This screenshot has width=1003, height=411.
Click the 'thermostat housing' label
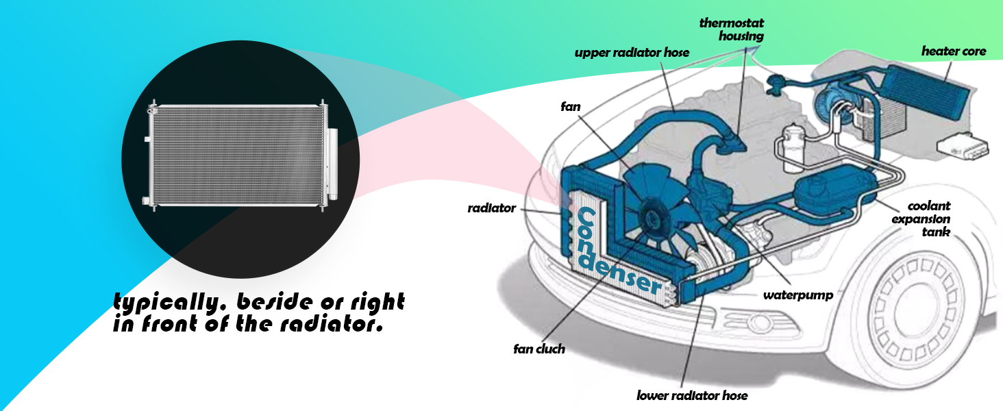pos(731,29)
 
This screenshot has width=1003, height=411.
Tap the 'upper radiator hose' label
pos(632,53)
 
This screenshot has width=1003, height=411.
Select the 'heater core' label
pos(953,51)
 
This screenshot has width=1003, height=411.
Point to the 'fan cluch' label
pos(539,349)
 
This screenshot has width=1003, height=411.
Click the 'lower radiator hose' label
pos(691,395)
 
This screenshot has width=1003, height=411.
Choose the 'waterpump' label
pos(798,296)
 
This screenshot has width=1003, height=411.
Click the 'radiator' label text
pos(491,208)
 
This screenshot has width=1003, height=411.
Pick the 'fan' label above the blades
pos(571,107)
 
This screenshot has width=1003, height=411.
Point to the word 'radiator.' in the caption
pos(336,324)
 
